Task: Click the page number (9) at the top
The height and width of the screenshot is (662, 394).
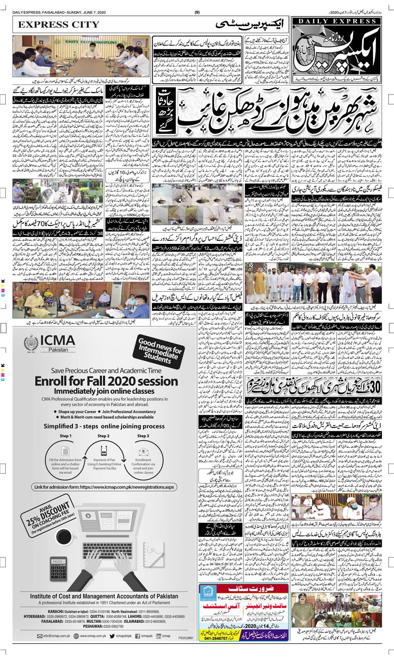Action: pos(197,13)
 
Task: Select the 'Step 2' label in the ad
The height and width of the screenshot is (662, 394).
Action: pos(103,436)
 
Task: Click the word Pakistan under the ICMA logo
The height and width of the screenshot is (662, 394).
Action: pos(58,350)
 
